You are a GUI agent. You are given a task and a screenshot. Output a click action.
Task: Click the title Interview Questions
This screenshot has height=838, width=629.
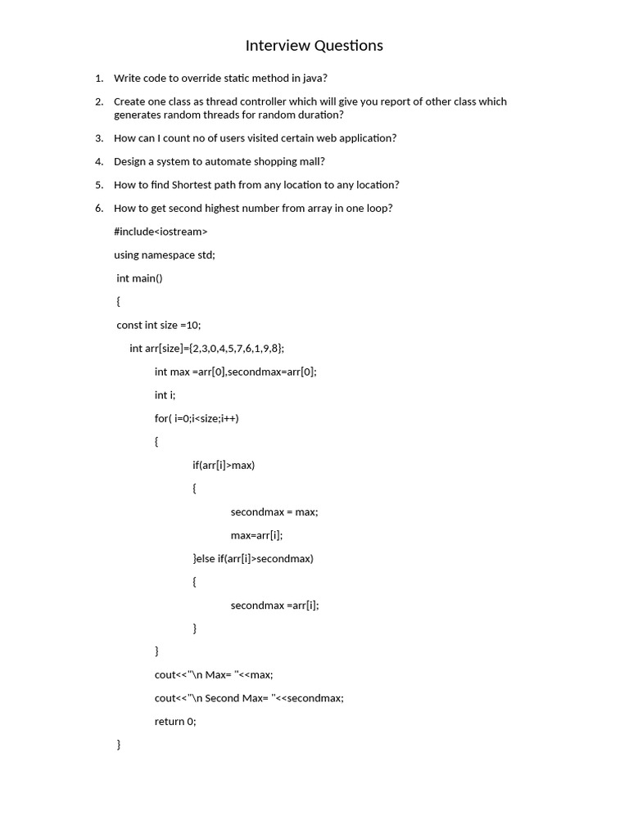(314, 46)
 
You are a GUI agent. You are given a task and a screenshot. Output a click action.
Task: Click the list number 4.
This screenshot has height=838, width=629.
(99, 162)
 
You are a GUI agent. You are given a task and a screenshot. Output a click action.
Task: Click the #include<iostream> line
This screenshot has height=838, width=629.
(161, 232)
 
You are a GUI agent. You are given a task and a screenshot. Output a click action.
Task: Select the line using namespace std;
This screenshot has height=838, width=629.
(164, 255)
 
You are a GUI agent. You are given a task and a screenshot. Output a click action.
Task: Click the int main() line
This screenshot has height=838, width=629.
(140, 278)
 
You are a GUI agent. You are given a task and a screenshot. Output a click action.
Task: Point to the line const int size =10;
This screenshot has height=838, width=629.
(158, 325)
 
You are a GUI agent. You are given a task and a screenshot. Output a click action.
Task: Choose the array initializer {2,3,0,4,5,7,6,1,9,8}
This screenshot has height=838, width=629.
(237, 349)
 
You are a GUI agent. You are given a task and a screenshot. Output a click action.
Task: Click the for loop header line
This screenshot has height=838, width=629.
(197, 418)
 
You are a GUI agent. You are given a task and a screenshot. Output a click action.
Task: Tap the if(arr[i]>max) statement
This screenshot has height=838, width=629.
(224, 466)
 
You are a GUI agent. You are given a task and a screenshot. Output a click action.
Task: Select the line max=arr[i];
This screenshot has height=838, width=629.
(256, 536)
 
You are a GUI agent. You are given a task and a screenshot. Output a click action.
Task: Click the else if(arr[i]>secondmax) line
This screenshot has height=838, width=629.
(253, 559)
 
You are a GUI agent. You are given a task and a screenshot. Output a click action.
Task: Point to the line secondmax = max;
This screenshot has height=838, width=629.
(274, 512)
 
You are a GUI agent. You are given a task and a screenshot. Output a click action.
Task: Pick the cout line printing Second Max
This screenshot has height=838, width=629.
(249, 698)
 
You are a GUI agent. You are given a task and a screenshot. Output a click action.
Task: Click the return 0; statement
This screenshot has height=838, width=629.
(175, 722)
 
